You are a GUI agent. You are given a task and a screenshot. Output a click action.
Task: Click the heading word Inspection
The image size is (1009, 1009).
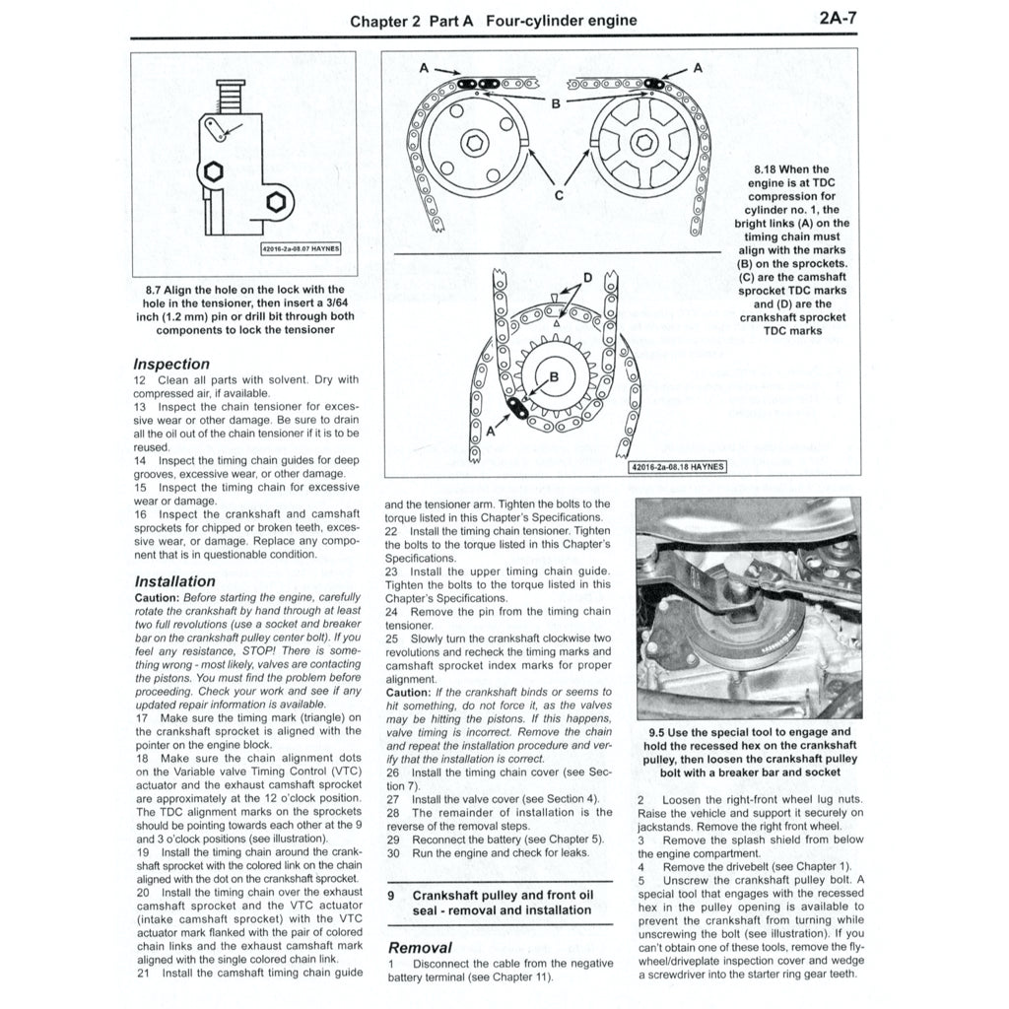(x=171, y=364)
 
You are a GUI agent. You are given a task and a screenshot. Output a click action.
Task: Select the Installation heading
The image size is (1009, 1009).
(x=174, y=581)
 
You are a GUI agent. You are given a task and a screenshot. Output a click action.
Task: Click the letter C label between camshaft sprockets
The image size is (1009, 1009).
(x=558, y=194)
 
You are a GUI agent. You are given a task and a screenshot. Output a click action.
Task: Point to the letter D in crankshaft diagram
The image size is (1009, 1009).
(x=588, y=278)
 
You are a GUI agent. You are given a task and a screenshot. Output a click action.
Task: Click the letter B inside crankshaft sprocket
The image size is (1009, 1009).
(x=553, y=376)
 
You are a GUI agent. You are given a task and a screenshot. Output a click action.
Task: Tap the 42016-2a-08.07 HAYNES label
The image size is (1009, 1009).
(x=300, y=248)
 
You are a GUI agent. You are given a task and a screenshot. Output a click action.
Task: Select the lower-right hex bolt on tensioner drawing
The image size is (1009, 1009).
(x=275, y=205)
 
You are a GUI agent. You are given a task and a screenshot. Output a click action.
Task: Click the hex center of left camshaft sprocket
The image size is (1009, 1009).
(x=476, y=144)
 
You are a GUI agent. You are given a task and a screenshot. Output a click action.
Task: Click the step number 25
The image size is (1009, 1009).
(x=391, y=639)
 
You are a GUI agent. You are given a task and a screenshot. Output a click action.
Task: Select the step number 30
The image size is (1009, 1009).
(x=391, y=853)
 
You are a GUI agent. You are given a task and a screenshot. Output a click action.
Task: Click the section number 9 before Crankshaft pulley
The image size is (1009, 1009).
(x=391, y=895)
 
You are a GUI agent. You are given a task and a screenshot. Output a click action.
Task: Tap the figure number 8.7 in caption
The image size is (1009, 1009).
(x=152, y=290)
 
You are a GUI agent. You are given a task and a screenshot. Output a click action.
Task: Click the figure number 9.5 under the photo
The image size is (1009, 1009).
(x=658, y=732)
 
